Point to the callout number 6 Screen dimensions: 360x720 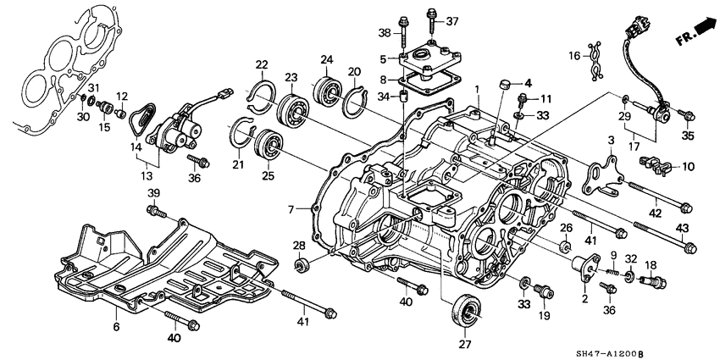[116, 325]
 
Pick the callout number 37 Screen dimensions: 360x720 [451, 21]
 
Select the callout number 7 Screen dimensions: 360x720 [292, 208]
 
